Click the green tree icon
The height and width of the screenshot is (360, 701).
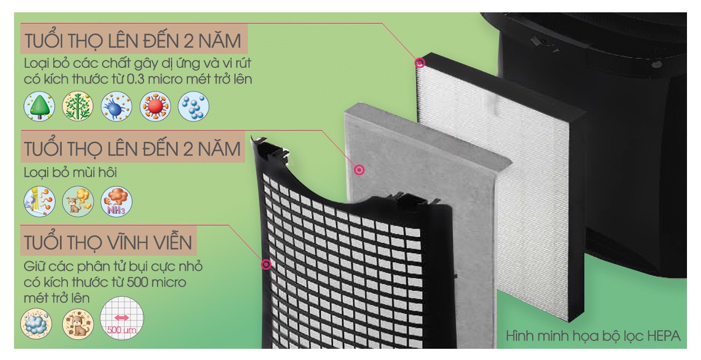click(x=39, y=107)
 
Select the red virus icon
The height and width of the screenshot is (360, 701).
click(x=155, y=107)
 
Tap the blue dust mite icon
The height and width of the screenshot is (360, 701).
click(x=117, y=107)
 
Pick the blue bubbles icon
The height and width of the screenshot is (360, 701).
click(x=193, y=107)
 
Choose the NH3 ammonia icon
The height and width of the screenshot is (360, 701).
click(x=117, y=201)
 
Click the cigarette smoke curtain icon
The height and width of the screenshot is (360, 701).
click(x=39, y=201)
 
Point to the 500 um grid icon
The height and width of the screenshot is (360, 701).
click(x=122, y=318)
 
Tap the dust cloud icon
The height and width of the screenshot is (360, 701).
click(x=36, y=324)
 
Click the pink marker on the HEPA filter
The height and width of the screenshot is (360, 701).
click(x=419, y=63)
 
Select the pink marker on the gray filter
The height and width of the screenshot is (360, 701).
click(x=359, y=170)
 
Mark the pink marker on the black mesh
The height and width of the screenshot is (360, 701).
click(x=266, y=265)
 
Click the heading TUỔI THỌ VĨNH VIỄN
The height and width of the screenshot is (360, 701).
click(x=108, y=242)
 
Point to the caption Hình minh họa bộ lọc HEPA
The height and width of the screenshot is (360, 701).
click(x=593, y=336)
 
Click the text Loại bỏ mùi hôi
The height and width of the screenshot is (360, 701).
click(x=71, y=173)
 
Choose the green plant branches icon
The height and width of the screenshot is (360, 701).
click(x=77, y=107)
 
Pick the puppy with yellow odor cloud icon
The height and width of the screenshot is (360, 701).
click(x=77, y=201)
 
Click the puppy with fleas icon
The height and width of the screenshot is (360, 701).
click(x=78, y=324)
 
